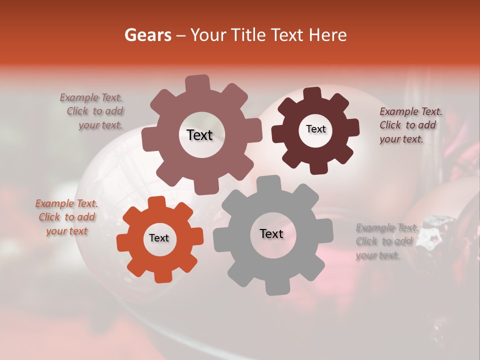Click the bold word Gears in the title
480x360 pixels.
[147, 35]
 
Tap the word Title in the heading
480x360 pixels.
[249, 35]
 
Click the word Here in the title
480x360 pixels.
[325, 35]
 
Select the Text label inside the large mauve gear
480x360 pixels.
[199, 135]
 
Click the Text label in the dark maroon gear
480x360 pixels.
[315, 129]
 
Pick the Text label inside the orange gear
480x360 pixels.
[159, 238]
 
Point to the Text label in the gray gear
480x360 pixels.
[271, 233]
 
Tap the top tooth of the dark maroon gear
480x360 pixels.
[312, 94]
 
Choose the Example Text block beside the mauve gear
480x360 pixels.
[93, 111]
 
